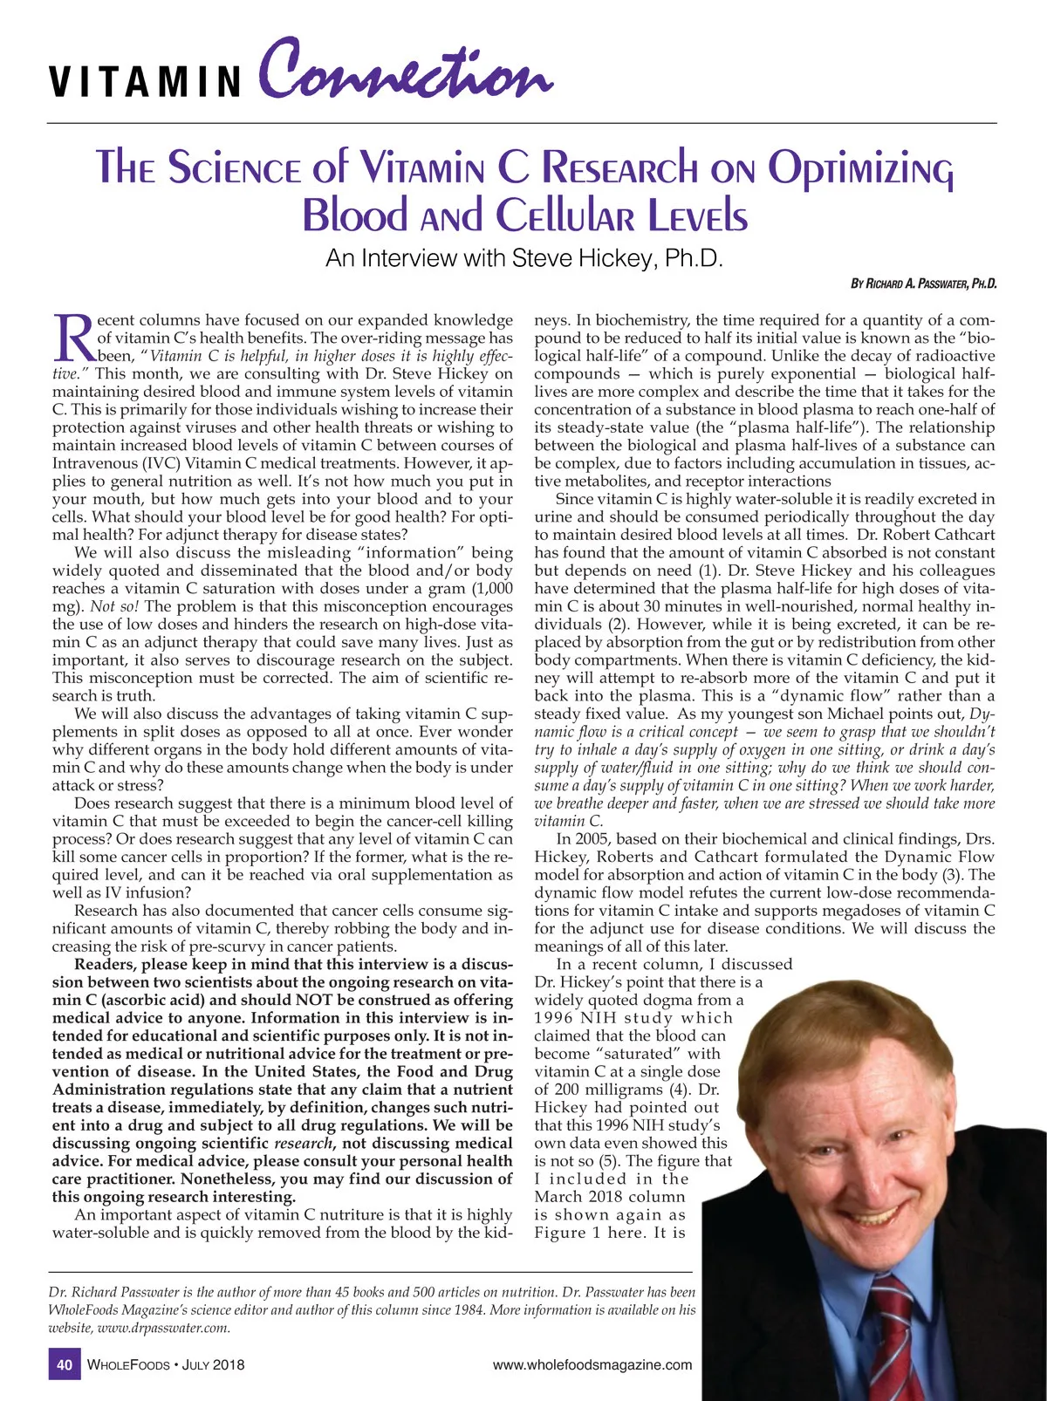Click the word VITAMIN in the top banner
[x=144, y=81]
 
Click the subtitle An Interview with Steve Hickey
[x=525, y=258]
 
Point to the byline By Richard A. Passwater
[x=923, y=284]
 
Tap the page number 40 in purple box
[x=64, y=1365]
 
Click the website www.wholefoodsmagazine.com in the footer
[x=592, y=1365]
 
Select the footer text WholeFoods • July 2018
[x=167, y=1365]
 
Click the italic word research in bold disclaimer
[x=303, y=1144]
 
